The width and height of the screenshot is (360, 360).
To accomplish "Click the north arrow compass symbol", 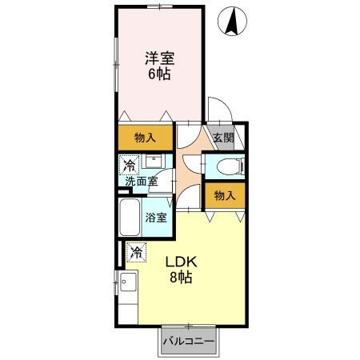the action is pyautogui.click(x=232, y=21).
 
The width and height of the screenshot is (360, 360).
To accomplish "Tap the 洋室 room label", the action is pyautogui.click(x=160, y=58).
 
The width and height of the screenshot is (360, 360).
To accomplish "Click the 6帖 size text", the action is pyautogui.click(x=159, y=74).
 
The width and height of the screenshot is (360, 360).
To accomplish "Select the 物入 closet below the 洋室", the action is pyautogui.click(x=146, y=138).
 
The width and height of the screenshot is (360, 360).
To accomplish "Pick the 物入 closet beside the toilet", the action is pyautogui.click(x=225, y=195).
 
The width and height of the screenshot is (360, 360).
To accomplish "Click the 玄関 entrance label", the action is pyautogui.click(x=224, y=138).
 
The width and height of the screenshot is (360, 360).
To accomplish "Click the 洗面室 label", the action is pyautogui.click(x=142, y=182).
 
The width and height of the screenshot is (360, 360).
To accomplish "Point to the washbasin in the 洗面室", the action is pyautogui.click(x=154, y=161).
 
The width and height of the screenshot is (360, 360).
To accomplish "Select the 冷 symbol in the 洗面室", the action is pyautogui.click(x=129, y=165).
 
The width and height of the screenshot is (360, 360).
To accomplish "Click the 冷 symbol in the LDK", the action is pyautogui.click(x=136, y=252).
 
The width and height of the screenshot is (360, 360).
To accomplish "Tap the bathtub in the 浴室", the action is pyautogui.click(x=130, y=217).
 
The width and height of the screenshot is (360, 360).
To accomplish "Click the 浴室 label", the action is pyautogui.click(x=156, y=218).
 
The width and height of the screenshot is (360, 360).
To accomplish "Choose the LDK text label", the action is pyautogui.click(x=182, y=262).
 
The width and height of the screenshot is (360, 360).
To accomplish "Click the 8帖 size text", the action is pyautogui.click(x=181, y=278).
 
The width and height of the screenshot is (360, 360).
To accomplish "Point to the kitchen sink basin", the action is pyautogui.click(x=128, y=282).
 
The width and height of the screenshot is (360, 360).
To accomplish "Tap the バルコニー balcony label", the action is pyautogui.click(x=189, y=341).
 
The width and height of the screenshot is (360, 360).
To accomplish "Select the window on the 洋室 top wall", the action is pyautogui.click(x=160, y=6).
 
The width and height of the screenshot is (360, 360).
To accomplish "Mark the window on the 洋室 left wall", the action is pyautogui.click(x=116, y=64).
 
